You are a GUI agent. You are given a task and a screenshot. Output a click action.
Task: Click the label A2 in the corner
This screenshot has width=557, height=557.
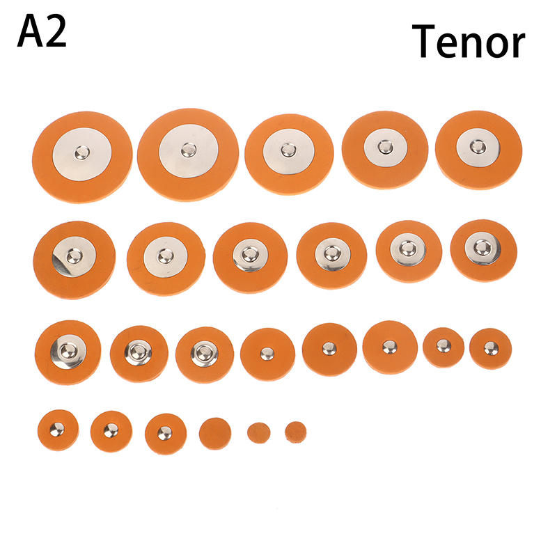click(x=42, y=31)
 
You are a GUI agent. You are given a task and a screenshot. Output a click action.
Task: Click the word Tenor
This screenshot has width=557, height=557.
click(x=468, y=41)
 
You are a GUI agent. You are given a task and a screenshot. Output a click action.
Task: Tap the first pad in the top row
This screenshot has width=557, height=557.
click(x=82, y=157)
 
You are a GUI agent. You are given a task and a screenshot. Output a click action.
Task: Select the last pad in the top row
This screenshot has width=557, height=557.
click(x=478, y=150)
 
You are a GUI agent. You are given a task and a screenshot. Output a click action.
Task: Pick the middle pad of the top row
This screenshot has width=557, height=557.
click(x=289, y=154)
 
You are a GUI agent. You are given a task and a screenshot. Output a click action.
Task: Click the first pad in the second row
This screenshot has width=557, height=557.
click(x=74, y=260)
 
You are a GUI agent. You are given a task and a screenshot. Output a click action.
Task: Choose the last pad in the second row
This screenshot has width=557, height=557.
click(x=483, y=251)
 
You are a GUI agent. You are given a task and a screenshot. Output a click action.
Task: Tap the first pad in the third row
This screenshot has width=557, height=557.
click(x=68, y=352)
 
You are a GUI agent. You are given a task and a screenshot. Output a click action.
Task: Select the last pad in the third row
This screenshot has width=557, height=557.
click(x=491, y=349)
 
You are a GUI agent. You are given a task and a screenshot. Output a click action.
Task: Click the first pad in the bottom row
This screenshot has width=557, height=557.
click(x=58, y=430)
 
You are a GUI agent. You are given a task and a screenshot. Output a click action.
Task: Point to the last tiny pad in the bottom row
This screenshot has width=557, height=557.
click(x=295, y=432)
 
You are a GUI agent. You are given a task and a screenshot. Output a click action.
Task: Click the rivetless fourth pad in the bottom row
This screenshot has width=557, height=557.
click(x=215, y=433)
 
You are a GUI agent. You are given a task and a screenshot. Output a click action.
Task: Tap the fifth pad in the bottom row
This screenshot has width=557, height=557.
click(x=258, y=433)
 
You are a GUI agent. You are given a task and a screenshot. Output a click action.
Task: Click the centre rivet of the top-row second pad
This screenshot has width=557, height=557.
click(x=189, y=150)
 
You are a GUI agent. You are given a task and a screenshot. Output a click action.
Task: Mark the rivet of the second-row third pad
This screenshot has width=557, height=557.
click(x=250, y=254)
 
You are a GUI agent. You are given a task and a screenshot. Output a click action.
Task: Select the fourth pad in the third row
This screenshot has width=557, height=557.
click(x=267, y=354)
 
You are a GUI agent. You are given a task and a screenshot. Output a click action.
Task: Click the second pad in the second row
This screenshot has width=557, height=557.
click(x=166, y=258)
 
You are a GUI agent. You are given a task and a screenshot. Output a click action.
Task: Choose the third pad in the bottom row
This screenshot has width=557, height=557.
click(x=166, y=434)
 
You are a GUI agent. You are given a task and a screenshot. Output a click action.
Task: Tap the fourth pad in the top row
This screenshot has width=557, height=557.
click(x=385, y=150)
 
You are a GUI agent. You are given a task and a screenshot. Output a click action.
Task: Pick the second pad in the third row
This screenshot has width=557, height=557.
click(x=139, y=354)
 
